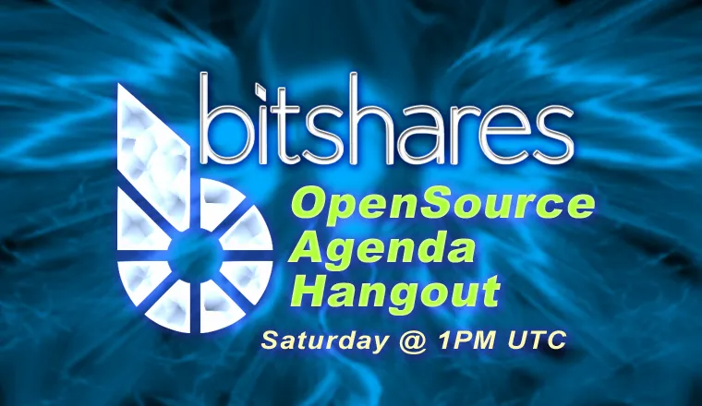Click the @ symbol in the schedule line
pos(412,341)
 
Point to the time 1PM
pos(467,340)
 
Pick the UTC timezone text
pos(537,340)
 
